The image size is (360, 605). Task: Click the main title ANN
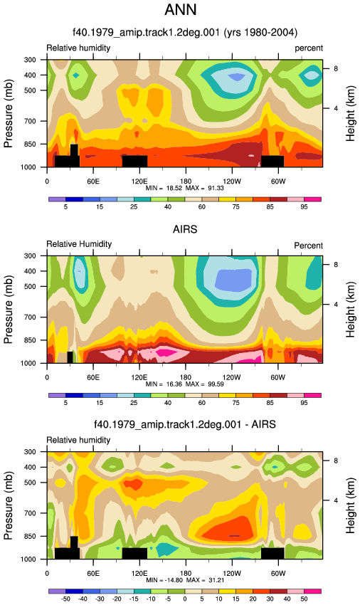[180, 9]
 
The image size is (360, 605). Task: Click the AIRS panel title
[185, 229]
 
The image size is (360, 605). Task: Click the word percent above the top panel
[309, 48]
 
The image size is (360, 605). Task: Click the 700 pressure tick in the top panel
[30, 121]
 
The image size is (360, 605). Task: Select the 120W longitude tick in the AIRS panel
[231, 377]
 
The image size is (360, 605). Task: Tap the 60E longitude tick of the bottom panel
[93, 574]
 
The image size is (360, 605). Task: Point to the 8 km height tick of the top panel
[336, 68]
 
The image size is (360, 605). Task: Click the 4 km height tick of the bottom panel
[336, 500]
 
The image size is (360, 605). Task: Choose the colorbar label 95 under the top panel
[304, 207]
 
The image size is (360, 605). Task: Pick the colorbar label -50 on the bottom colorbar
[65, 599]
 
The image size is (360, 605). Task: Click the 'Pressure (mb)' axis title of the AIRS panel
[8, 310]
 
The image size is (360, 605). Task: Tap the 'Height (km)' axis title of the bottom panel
[350, 505]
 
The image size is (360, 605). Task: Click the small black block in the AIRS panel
[70, 357]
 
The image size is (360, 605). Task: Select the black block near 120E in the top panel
[134, 162]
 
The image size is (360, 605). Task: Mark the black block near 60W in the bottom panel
[272, 553]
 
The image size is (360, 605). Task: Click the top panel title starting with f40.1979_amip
[185, 32]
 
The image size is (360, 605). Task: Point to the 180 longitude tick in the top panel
[186, 181]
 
